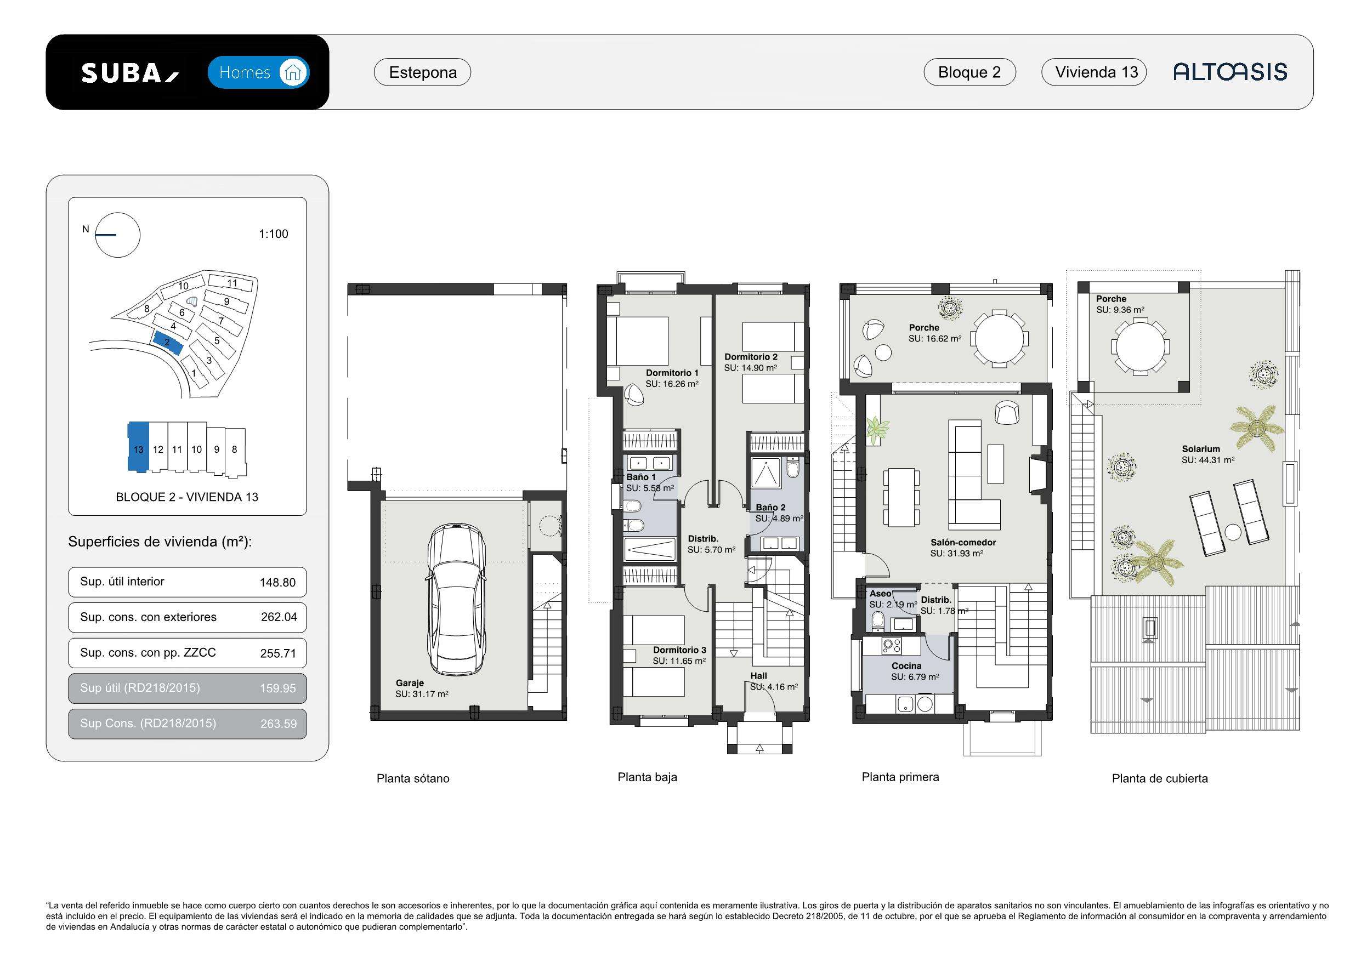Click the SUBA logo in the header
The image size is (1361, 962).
[130, 73]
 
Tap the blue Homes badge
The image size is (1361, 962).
[258, 72]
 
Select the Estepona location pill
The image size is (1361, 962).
[423, 72]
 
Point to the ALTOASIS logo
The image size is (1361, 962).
[1230, 72]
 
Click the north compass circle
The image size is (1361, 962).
[118, 235]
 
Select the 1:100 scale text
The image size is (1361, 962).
[273, 234]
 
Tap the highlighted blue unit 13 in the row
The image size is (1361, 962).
[138, 447]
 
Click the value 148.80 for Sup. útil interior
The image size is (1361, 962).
[277, 583]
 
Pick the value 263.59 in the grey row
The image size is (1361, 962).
[278, 724]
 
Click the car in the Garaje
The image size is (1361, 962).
[456, 599]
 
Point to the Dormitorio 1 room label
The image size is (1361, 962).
[672, 373]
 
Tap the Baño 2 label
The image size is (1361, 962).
[770, 508]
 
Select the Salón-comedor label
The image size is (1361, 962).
[963, 542]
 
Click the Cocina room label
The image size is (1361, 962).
[906, 666]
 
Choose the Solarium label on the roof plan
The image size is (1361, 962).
[1201, 449]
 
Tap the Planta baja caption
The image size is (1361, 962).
[647, 777]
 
